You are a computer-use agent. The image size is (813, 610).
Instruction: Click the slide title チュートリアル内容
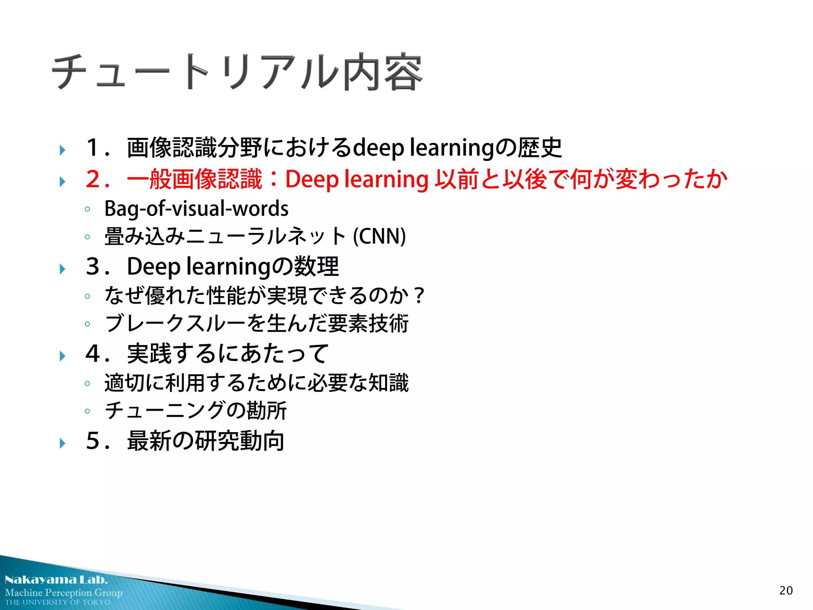point(237,71)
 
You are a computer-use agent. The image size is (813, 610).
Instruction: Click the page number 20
point(786,591)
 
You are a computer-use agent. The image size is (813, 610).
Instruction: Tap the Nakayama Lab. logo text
point(56,580)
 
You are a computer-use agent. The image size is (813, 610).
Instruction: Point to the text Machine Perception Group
point(64,593)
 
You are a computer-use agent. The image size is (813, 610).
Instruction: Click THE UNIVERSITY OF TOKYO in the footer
point(58,602)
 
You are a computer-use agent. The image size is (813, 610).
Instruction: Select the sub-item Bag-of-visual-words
point(196,208)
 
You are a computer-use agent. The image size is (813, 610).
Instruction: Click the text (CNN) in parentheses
point(379,236)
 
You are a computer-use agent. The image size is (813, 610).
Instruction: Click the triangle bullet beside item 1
point(62,150)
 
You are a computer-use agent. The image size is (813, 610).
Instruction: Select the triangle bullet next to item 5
point(62,443)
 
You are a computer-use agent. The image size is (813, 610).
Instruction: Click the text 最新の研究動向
point(206,441)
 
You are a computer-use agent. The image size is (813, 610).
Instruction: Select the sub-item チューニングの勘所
point(195,411)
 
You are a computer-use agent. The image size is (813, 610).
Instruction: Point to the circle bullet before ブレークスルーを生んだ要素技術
point(87,324)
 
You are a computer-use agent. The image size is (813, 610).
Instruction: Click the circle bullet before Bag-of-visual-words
point(87,209)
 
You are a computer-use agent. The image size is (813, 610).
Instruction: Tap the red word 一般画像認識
point(195,179)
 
